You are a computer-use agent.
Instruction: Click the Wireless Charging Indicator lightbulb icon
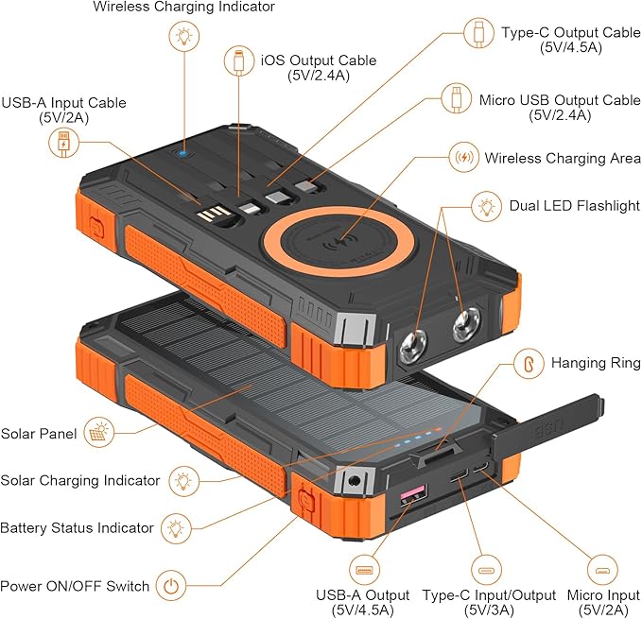tap(183, 37)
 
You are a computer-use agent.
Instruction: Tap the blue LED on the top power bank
tap(183, 151)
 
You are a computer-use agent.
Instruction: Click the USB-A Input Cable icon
tap(63, 143)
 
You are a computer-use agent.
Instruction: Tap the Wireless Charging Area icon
tap(463, 157)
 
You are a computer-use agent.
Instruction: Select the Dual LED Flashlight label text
tap(574, 205)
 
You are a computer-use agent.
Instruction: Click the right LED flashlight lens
tap(464, 326)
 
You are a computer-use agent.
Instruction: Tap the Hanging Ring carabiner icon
tap(529, 362)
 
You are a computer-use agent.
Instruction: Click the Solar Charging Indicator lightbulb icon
tap(183, 480)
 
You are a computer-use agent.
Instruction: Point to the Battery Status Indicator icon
tap(175, 527)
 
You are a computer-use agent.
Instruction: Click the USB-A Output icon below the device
tap(364, 571)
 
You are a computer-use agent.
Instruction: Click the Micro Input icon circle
tap(601, 571)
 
